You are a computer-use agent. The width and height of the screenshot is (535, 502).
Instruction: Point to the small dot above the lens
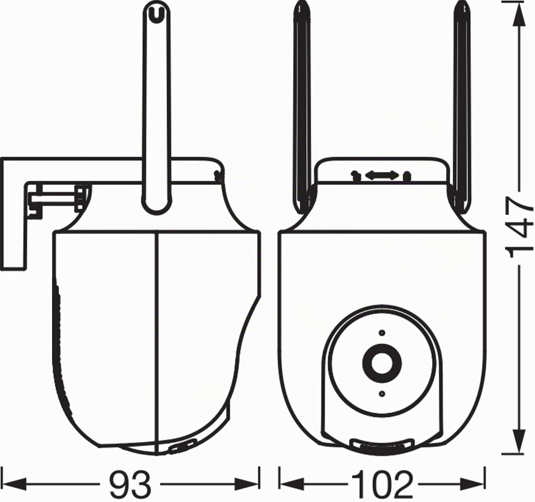[x=382, y=333]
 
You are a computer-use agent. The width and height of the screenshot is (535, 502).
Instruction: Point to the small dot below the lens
[x=382, y=394]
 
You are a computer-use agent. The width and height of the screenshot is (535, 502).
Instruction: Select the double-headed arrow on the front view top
[x=382, y=175]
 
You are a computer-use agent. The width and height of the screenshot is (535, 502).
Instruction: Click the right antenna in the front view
[x=462, y=108]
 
